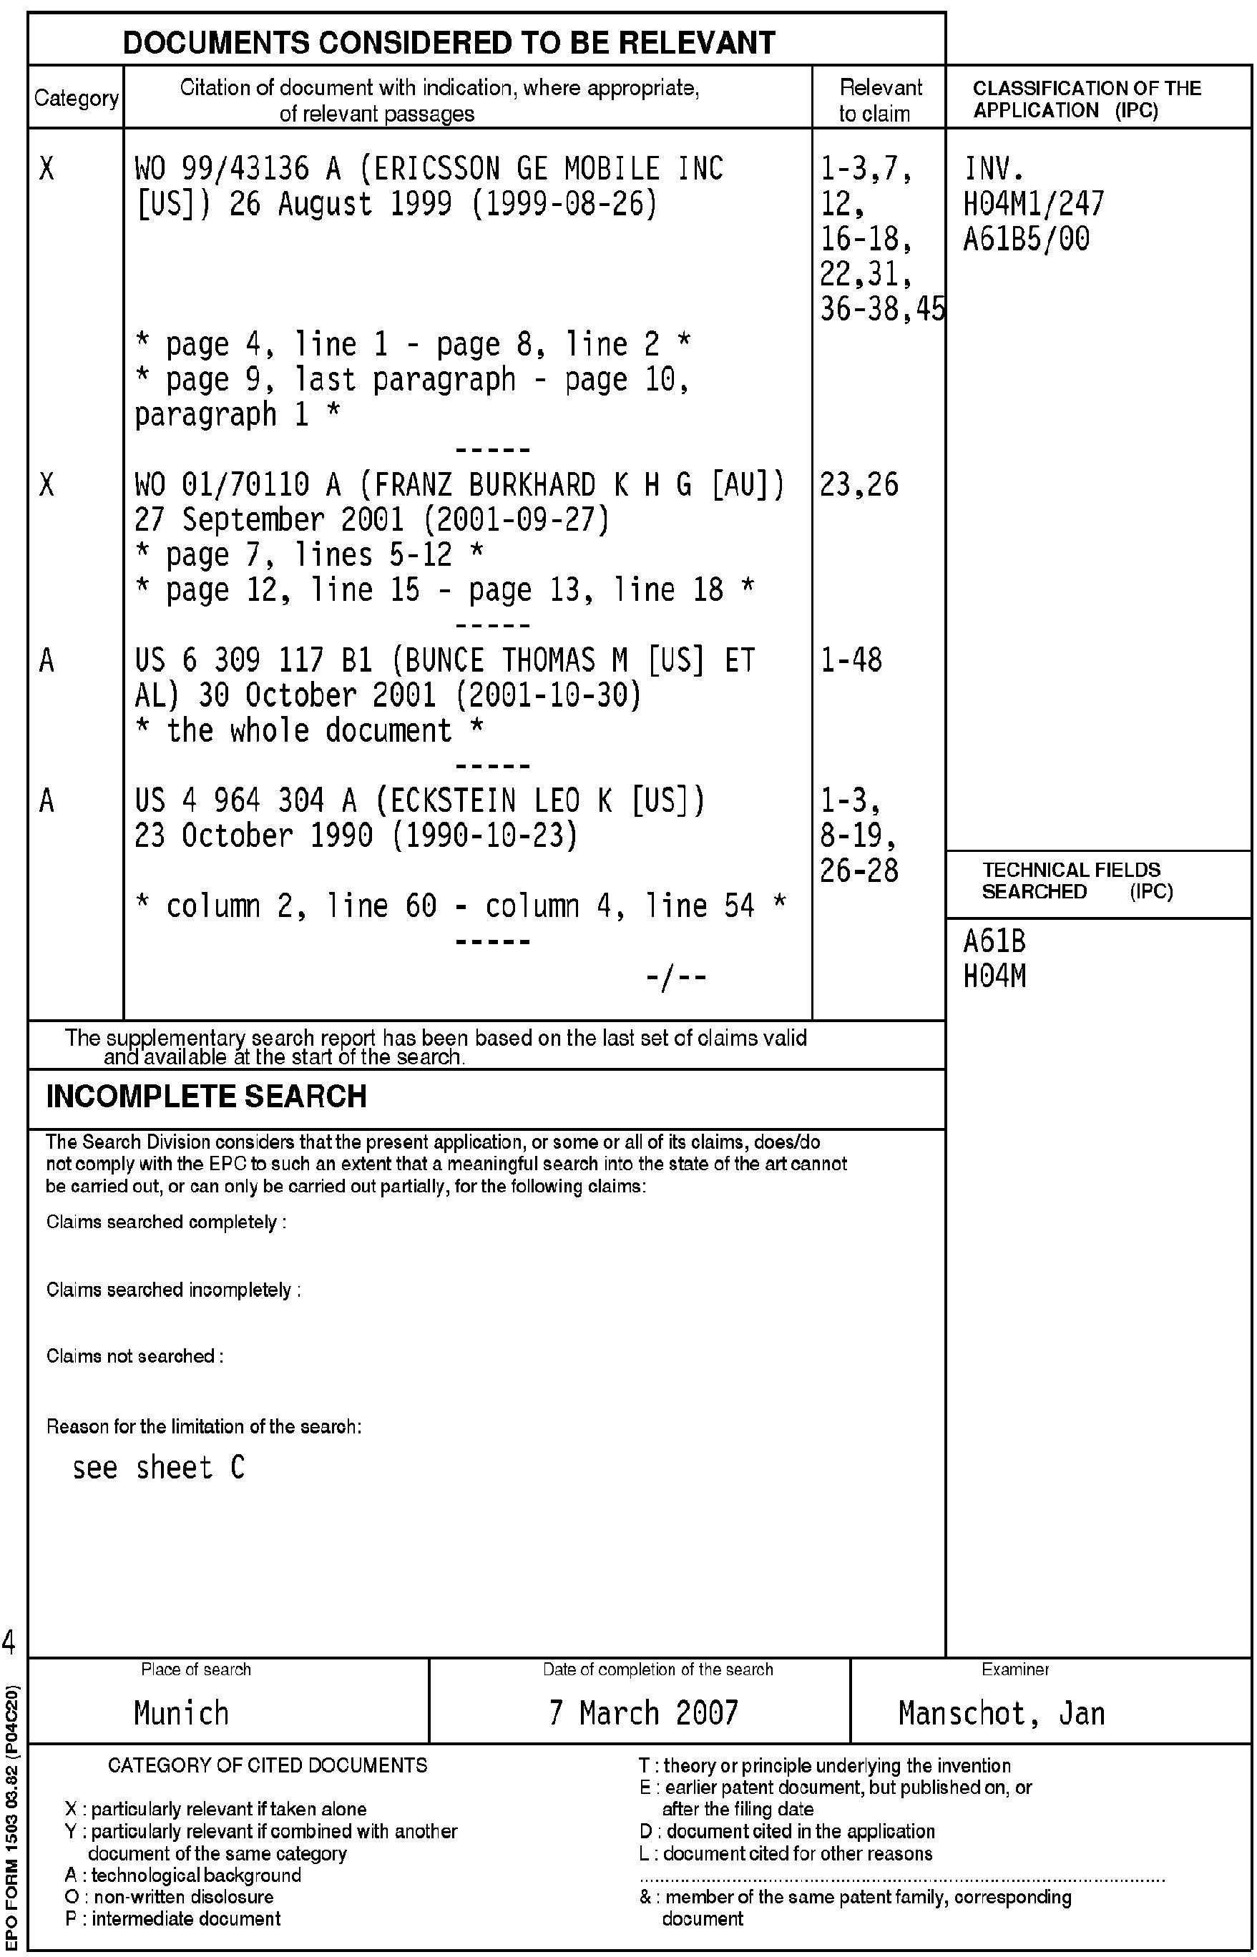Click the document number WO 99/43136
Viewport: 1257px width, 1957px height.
222,168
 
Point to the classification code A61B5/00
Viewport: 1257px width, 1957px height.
1026,239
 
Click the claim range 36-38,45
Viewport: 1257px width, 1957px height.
881,309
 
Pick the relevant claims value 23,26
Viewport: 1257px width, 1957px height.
859,485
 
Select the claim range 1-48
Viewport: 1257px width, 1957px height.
851,660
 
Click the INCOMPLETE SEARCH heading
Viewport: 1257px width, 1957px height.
207,1096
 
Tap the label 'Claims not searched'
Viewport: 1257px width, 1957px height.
134,1355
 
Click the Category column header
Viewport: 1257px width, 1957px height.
76,98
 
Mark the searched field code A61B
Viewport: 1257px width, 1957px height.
994,941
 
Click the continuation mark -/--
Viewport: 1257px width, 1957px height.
675,976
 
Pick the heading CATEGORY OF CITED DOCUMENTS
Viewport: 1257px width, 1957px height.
267,1765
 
